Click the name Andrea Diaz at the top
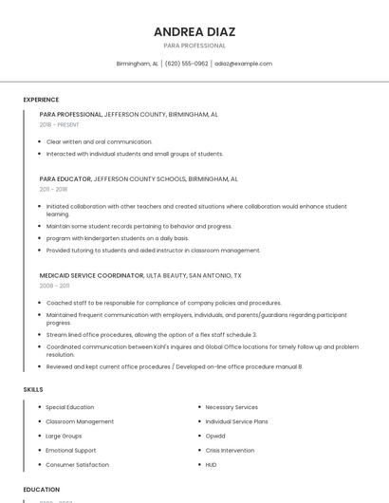tap(194, 31)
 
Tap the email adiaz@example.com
tap(243, 64)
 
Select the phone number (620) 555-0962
tap(186, 64)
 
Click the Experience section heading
tap(41, 100)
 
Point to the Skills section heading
tap(33, 389)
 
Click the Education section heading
tap(42, 490)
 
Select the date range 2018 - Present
tap(60, 124)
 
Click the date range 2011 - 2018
tap(54, 189)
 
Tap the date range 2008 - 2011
tap(54, 286)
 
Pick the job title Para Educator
tap(65, 178)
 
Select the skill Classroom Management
tap(80, 421)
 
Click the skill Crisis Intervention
tap(230, 450)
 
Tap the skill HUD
tap(211, 465)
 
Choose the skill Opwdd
tap(215, 436)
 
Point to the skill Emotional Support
tap(71, 450)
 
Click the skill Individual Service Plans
tap(236, 421)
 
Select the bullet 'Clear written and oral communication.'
tap(99, 141)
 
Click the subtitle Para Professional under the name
tap(194, 46)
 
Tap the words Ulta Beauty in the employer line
tap(166, 275)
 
